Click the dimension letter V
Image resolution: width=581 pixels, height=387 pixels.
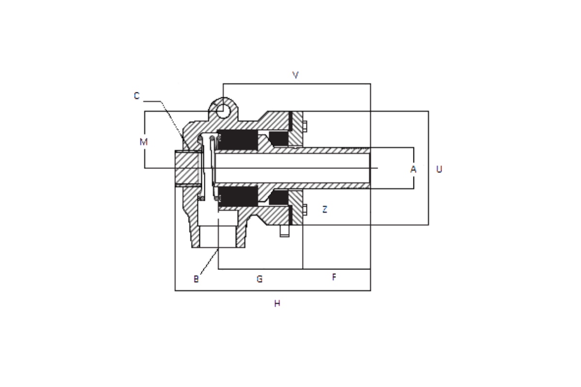pos(295,75)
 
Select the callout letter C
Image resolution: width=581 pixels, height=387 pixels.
pos(137,96)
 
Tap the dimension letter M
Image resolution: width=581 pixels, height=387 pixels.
pos(143,142)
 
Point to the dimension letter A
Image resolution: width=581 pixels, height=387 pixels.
pos(413,169)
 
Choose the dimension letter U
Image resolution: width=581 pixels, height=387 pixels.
pos(439,169)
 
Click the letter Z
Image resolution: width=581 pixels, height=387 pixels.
pos(325,209)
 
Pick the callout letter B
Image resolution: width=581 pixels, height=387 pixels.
pos(196,279)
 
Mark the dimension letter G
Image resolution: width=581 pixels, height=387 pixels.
pos(260,279)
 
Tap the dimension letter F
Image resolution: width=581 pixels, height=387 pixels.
pos(334,277)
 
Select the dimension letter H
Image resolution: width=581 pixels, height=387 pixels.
pos(277,303)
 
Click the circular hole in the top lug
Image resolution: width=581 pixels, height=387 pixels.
pos(223,111)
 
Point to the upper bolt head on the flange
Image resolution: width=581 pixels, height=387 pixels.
pos(305,126)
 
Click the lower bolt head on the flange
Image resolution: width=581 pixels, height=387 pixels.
pos(305,209)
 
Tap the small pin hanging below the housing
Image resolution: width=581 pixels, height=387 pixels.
pos(285,231)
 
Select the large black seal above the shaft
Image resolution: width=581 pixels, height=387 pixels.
pos(237,140)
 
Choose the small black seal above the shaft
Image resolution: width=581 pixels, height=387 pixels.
pos(278,139)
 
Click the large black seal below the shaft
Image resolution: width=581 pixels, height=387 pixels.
pos(238,196)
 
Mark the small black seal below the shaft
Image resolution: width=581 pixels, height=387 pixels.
pos(278,197)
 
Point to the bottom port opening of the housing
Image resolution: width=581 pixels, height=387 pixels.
pos(218,236)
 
